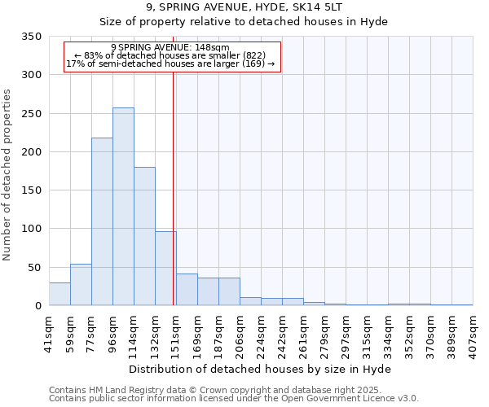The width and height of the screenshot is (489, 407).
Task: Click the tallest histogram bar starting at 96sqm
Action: tap(123, 207)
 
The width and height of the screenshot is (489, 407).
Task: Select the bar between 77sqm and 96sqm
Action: tap(102, 221)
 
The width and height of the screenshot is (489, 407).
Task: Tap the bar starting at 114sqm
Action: tap(144, 236)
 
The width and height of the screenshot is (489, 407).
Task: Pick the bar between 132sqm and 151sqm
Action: tap(165, 269)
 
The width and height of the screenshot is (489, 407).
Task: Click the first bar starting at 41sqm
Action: tap(59, 294)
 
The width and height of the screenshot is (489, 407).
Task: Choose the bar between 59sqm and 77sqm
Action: tap(81, 285)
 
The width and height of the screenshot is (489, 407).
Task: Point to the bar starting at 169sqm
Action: tap(208, 291)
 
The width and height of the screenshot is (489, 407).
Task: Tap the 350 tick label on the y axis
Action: tap(32, 37)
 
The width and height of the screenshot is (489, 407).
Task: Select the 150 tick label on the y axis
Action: tap(32, 190)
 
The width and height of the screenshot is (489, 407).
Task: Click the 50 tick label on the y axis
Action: tap(35, 267)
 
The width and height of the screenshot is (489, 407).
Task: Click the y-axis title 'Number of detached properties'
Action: tap(8, 171)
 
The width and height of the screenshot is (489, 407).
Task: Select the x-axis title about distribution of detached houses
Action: tap(260, 370)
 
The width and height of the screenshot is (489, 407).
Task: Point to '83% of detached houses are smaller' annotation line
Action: tap(170, 55)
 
